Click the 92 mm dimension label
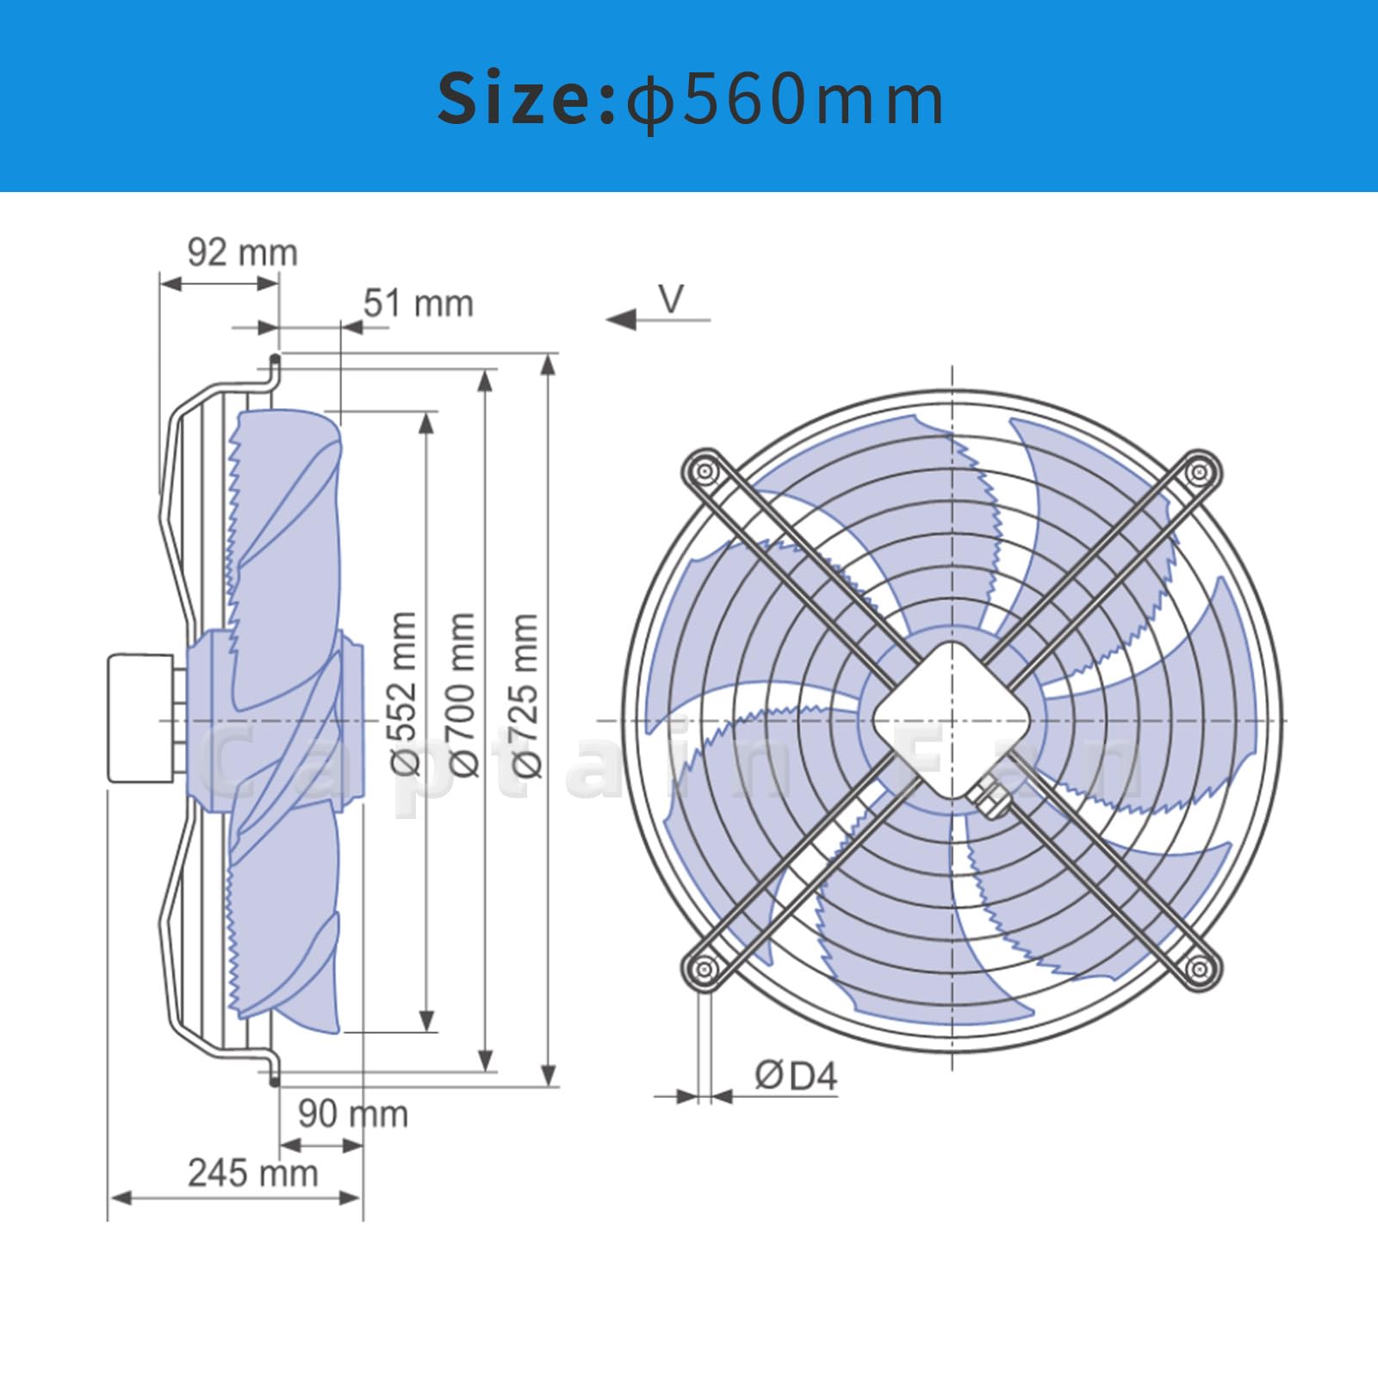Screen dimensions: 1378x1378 tap(243, 252)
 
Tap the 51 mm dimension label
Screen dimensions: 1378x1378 tap(419, 303)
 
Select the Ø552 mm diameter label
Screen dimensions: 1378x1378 tap(404, 693)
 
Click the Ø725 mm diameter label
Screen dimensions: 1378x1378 tap(525, 694)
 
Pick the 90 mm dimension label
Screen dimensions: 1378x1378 tap(353, 1114)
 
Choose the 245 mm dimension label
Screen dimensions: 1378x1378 tap(253, 1173)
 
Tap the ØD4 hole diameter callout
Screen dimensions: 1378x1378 tap(796, 1076)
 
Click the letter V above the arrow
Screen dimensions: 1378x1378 tap(671, 299)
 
